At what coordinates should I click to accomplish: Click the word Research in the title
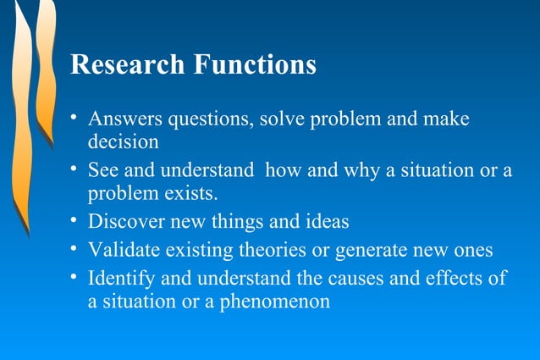127,65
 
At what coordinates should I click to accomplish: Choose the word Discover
125,223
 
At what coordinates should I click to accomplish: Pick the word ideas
325,223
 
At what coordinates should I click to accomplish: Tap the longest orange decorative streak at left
20,127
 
